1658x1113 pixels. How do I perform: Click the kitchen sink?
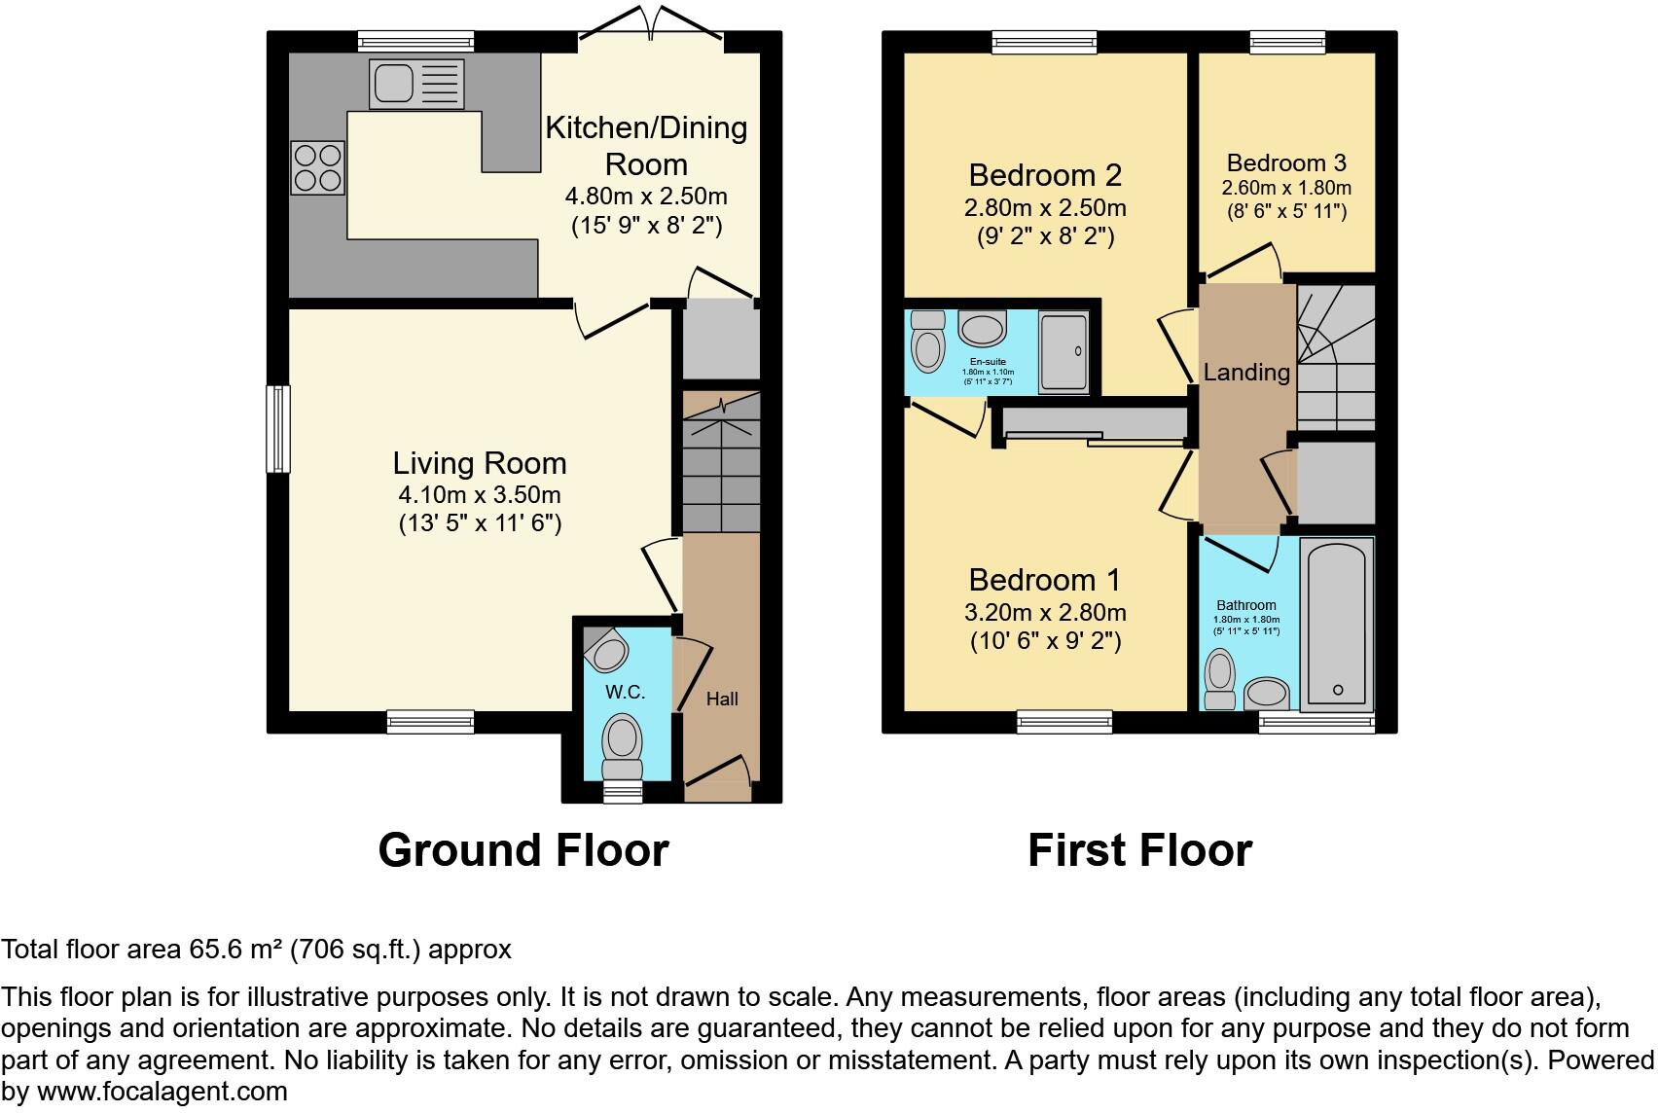click(416, 83)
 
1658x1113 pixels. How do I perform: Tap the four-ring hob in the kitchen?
click(317, 167)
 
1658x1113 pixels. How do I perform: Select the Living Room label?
click(480, 463)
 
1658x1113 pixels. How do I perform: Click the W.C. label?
click(625, 692)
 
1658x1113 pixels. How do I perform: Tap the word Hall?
click(722, 699)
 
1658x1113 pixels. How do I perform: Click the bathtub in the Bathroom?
click(1337, 623)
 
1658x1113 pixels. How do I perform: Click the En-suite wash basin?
click(983, 328)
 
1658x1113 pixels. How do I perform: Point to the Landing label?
click(1246, 372)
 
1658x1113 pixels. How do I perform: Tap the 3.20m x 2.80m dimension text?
click(1045, 613)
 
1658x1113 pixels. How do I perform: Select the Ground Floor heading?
click(523, 850)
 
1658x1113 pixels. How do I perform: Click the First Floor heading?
click(1139, 850)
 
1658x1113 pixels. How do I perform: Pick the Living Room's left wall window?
click(279, 429)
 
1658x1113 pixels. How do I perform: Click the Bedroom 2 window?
click(1045, 42)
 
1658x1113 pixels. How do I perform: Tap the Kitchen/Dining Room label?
click(646, 145)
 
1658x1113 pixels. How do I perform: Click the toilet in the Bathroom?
click(1219, 678)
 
